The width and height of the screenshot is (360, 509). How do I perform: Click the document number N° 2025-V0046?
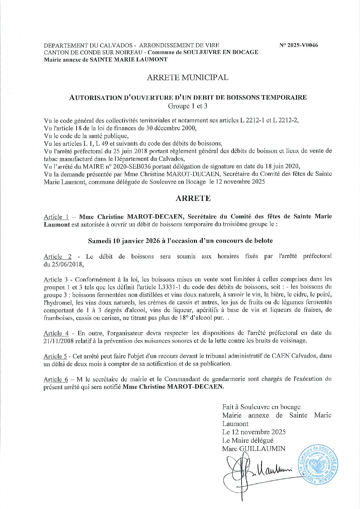coord(298,45)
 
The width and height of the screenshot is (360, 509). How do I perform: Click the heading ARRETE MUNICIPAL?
coord(187,78)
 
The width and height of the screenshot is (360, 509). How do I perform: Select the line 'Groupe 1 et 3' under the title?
coord(187,106)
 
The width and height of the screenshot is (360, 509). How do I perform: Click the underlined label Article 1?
coord(56,217)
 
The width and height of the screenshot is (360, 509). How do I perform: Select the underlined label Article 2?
coord(58,256)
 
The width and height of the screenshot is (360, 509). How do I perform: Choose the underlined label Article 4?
coord(56,333)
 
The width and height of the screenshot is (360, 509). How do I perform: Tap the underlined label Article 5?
coord(55,356)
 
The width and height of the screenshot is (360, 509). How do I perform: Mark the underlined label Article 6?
coord(56,379)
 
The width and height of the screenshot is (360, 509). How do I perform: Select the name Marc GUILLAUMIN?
coord(253,448)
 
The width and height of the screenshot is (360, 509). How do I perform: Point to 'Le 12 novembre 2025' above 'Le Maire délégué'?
coord(253,432)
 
